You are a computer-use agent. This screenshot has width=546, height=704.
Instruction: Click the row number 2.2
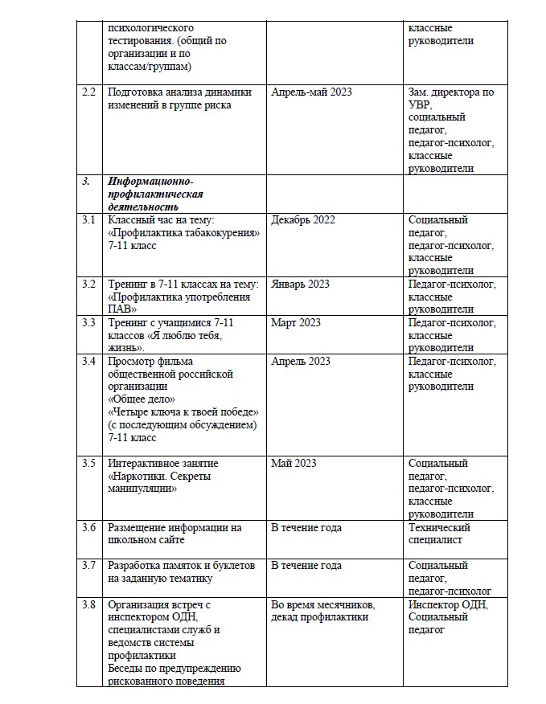click(x=89, y=92)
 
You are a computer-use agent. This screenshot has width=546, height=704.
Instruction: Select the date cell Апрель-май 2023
click(x=311, y=92)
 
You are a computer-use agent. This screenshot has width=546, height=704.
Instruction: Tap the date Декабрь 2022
click(x=303, y=220)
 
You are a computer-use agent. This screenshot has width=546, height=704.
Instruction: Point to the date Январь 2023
click(x=301, y=284)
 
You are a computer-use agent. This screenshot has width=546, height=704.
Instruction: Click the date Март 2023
click(x=296, y=323)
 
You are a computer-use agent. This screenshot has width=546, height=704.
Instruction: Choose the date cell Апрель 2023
click(x=301, y=362)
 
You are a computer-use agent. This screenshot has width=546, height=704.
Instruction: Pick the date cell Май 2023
click(x=294, y=464)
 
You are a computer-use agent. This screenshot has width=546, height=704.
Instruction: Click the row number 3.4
click(x=89, y=362)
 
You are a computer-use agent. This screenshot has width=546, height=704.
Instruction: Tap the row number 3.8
click(x=89, y=605)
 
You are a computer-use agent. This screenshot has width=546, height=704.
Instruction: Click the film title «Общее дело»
click(x=141, y=399)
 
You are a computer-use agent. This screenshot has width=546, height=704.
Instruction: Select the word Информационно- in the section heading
click(x=150, y=182)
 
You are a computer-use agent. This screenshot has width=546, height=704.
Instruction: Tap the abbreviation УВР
click(x=420, y=105)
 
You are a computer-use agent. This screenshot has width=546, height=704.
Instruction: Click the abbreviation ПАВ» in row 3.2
click(x=122, y=309)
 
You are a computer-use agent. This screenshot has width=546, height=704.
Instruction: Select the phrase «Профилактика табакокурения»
click(x=183, y=233)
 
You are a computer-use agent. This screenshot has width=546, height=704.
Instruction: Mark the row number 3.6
click(x=89, y=528)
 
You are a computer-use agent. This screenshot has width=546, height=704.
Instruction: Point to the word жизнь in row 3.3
click(x=125, y=348)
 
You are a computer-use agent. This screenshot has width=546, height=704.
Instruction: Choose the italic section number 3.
click(x=86, y=182)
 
